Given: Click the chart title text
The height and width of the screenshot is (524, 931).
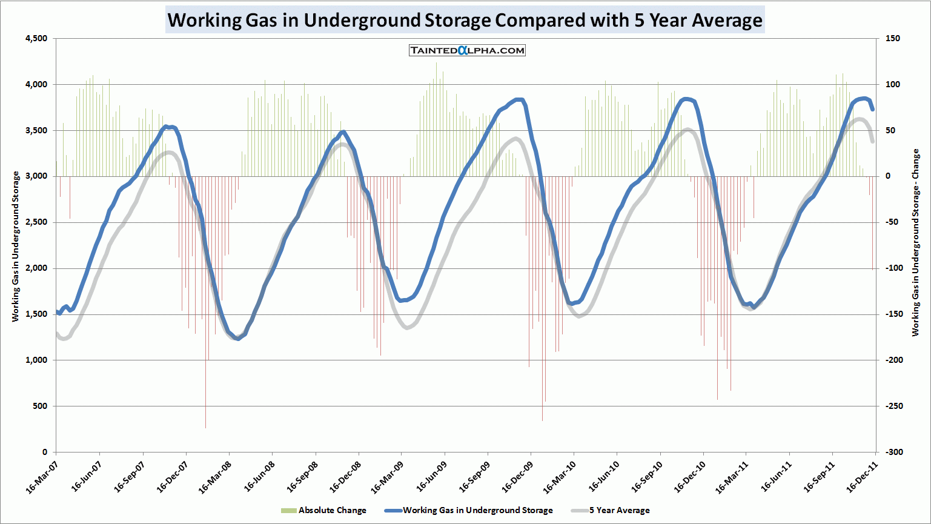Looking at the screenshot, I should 465,20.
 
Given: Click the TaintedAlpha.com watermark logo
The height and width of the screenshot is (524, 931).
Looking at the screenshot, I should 467,50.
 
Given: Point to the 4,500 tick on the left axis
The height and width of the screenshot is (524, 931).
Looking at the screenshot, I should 36,39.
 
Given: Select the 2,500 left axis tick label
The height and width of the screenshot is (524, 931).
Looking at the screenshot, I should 36,222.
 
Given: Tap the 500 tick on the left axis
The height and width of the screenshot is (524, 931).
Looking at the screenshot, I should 40,406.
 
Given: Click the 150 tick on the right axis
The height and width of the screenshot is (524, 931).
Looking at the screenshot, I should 892,39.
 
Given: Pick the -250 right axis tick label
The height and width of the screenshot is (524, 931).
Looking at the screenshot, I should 893,406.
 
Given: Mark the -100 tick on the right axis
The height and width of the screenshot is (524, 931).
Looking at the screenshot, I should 893,268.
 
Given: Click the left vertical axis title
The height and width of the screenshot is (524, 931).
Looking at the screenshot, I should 16,246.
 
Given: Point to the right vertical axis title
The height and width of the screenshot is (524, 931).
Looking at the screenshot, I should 915,242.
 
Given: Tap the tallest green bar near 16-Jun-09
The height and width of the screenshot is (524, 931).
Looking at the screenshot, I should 436,109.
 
